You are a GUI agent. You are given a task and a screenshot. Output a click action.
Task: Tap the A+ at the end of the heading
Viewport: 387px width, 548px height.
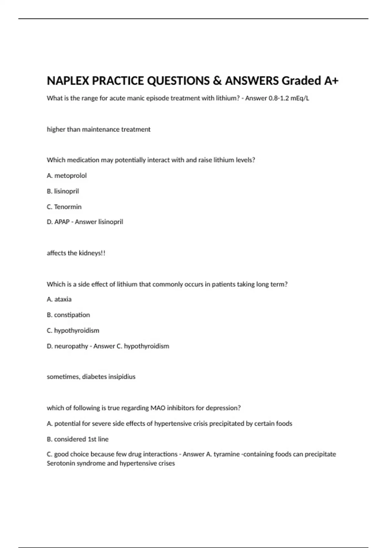(331, 81)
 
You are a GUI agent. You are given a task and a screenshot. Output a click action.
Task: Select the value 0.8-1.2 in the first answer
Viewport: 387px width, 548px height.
(279, 98)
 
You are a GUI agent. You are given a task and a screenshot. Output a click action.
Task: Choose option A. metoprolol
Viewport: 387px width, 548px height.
(67, 176)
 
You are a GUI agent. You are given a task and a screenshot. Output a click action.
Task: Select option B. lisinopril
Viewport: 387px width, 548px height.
(63, 191)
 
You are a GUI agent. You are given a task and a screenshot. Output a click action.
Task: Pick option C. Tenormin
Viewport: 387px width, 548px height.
(64, 207)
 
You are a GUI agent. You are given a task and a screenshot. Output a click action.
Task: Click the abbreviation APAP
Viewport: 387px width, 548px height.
(62, 222)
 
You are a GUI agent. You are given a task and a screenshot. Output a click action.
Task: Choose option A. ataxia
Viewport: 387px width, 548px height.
(59, 299)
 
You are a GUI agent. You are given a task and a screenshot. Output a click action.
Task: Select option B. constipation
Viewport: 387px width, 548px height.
(68, 315)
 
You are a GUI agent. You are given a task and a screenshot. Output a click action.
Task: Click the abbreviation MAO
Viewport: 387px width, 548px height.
(158, 408)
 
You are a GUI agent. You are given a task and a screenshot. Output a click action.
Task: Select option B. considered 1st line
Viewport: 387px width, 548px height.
(77, 439)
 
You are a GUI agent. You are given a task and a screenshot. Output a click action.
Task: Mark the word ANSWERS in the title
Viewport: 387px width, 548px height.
(252, 81)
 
